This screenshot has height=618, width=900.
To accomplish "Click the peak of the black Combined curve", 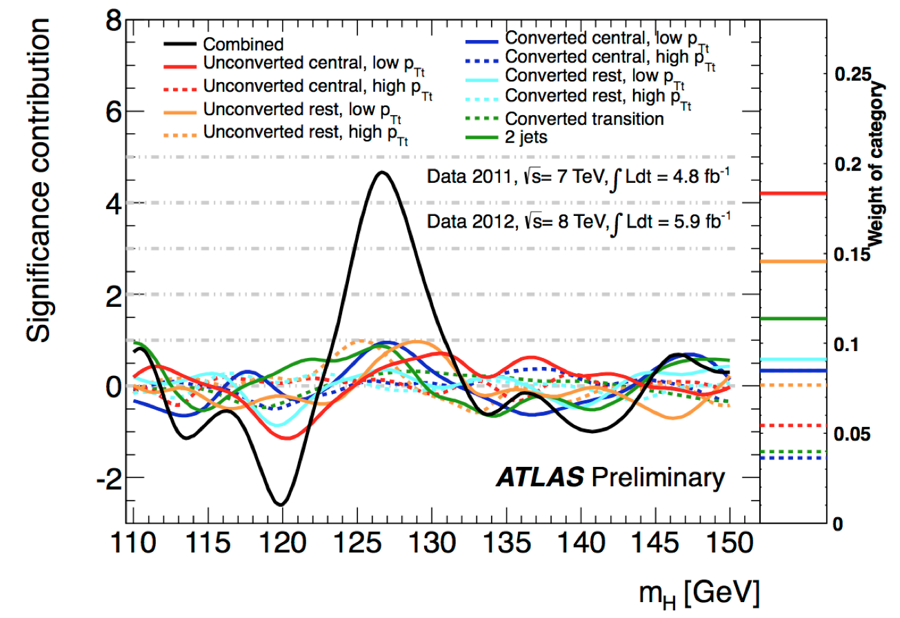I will click(381, 173).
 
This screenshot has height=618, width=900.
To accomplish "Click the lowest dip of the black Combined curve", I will click(281, 504).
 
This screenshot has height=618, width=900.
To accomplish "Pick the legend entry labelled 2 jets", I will click(526, 137).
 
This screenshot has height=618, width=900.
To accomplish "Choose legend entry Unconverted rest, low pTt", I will click(303, 110).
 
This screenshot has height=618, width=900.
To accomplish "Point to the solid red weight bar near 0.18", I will click(793, 193).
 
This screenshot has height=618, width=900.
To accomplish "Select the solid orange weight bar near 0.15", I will click(793, 261).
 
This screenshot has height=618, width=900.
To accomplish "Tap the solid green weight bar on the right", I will click(793, 319).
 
